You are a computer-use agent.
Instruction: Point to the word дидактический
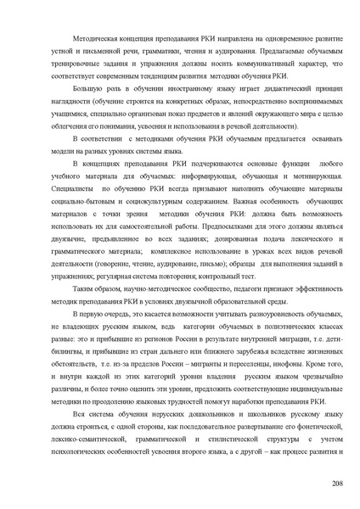point(263,87)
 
